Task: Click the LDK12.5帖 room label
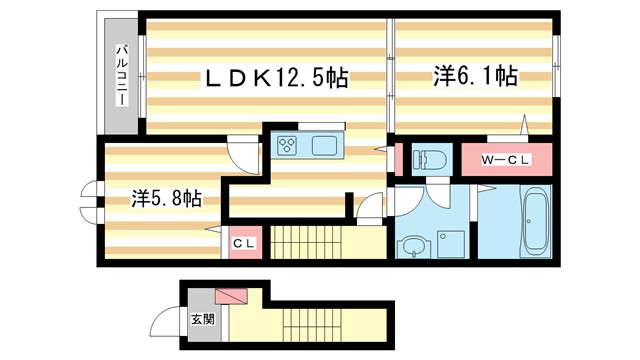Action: coord(277,78)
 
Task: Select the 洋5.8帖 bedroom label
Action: coord(166,198)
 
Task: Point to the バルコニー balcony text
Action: coord(119,77)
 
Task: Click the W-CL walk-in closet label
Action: coord(504,160)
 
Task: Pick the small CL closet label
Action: coord(244,243)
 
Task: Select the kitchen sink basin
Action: coord(326,146)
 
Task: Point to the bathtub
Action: coord(536,223)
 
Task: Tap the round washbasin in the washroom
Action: coord(411,246)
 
